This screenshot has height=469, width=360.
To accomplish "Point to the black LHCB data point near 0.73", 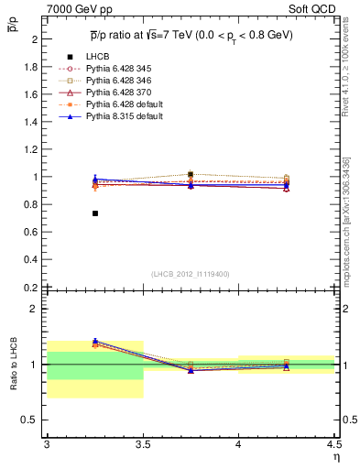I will pyautogui.click(x=94, y=213).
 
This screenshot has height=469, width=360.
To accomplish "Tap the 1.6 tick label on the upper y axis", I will pyautogui.click(x=31, y=94).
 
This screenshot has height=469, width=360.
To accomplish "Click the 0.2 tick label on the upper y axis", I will pyautogui.click(x=31, y=287).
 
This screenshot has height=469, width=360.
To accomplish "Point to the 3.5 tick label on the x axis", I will pyautogui.click(x=142, y=444).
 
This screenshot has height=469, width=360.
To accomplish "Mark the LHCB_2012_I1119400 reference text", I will pyautogui.click(x=190, y=274).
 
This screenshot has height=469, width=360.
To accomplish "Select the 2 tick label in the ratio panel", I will pyautogui.click(x=34, y=309).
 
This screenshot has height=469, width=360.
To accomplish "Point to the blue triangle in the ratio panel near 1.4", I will pyautogui.click(x=94, y=341).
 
